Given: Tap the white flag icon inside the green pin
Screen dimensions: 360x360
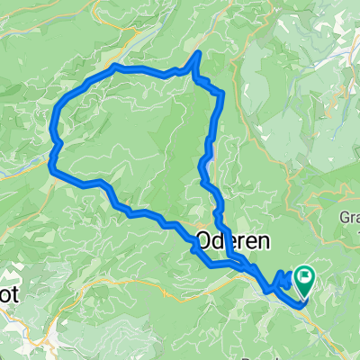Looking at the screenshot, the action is [305, 275].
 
